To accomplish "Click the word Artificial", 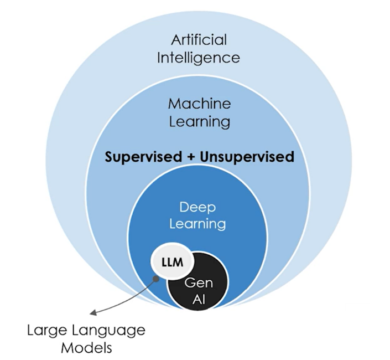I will pos(199,40).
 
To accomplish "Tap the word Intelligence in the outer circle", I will pos(199,58).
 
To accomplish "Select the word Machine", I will pos(199,104).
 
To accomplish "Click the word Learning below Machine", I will pos(199,121).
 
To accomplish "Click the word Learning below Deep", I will pos(198,224).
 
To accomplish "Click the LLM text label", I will pos(173,260).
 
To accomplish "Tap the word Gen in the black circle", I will pos(199,283).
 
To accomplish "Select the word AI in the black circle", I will pos(199,300).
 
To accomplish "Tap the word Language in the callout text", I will pos(110,331).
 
